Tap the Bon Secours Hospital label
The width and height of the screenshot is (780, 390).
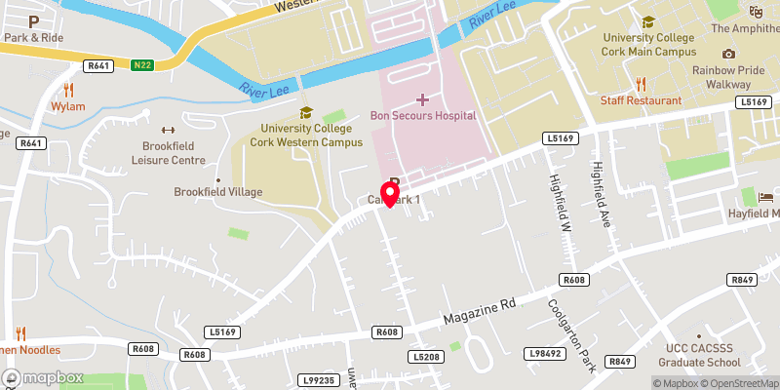[x=423, y=115]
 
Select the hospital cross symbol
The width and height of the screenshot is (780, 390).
[x=423, y=99]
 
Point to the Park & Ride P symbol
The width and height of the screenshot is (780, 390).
[x=34, y=20]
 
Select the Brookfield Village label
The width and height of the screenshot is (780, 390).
[x=218, y=192]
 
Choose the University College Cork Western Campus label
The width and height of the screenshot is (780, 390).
[x=306, y=134]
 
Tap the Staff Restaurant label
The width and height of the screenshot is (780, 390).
[x=640, y=100]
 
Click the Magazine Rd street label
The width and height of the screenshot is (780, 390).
[x=479, y=313]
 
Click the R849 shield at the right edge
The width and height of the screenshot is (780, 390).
[x=744, y=280]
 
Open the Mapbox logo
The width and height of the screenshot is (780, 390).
[x=42, y=377]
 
